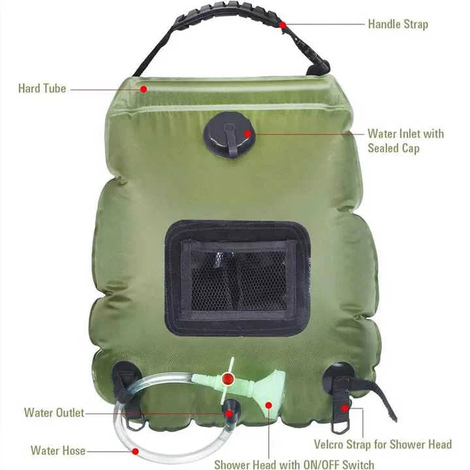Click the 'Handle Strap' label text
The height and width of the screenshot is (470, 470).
(x=398, y=24)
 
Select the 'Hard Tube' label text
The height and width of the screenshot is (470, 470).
(x=42, y=88)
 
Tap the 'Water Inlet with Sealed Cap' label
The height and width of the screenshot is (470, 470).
(x=405, y=141)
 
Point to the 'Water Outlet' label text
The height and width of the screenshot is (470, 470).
(x=54, y=413)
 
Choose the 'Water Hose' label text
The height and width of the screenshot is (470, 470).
(x=57, y=450)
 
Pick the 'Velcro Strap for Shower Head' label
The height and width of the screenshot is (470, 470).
(x=383, y=445)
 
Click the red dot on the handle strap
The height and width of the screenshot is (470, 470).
(x=282, y=25)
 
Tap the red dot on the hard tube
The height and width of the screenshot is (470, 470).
(x=143, y=88)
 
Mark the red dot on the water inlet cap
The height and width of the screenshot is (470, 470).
(x=247, y=134)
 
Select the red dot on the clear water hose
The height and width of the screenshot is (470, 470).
(x=135, y=450)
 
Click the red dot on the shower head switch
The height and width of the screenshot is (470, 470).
(x=227, y=379)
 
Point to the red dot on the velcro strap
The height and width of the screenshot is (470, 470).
(x=344, y=409)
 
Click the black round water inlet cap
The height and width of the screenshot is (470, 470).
(x=228, y=134)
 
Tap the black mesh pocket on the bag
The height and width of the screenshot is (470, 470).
(x=237, y=278)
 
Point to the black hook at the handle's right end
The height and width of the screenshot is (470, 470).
(x=319, y=67)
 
